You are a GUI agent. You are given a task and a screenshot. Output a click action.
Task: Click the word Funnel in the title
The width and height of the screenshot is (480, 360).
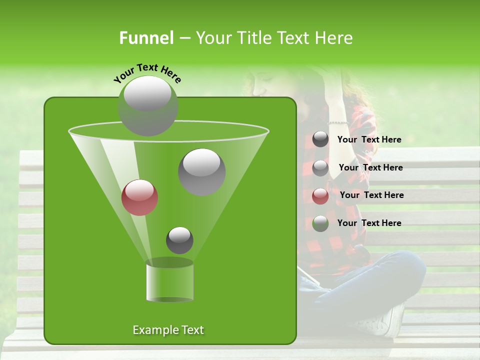(146, 38)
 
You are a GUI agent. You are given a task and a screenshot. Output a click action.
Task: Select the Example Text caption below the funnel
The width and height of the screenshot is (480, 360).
(168, 330)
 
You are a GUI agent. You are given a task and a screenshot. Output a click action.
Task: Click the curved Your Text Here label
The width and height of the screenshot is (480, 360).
(147, 73)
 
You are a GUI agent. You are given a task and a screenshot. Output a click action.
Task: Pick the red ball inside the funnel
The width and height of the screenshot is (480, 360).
(139, 197)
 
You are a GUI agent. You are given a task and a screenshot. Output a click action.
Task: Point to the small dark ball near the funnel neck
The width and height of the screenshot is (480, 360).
(179, 240)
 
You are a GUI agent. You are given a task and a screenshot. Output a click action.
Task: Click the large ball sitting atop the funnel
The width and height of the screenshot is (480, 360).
(147, 105)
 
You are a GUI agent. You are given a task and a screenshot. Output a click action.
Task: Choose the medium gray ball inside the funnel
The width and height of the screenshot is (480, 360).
(201, 171)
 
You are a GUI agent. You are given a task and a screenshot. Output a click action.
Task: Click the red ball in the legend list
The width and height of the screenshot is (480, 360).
(320, 196)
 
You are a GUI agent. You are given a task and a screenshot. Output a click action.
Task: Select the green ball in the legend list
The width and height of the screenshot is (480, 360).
(320, 223)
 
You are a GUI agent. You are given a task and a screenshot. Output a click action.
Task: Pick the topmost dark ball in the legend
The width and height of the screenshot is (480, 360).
(320, 139)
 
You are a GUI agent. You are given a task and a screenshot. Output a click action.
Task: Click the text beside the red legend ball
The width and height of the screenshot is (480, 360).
(371, 195)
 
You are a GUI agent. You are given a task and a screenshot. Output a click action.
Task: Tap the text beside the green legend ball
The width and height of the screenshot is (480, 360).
(369, 223)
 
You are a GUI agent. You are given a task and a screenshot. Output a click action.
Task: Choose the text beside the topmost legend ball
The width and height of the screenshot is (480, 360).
(369, 139)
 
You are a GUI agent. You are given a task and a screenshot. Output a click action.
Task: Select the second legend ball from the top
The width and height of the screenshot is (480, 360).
(320, 168)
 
